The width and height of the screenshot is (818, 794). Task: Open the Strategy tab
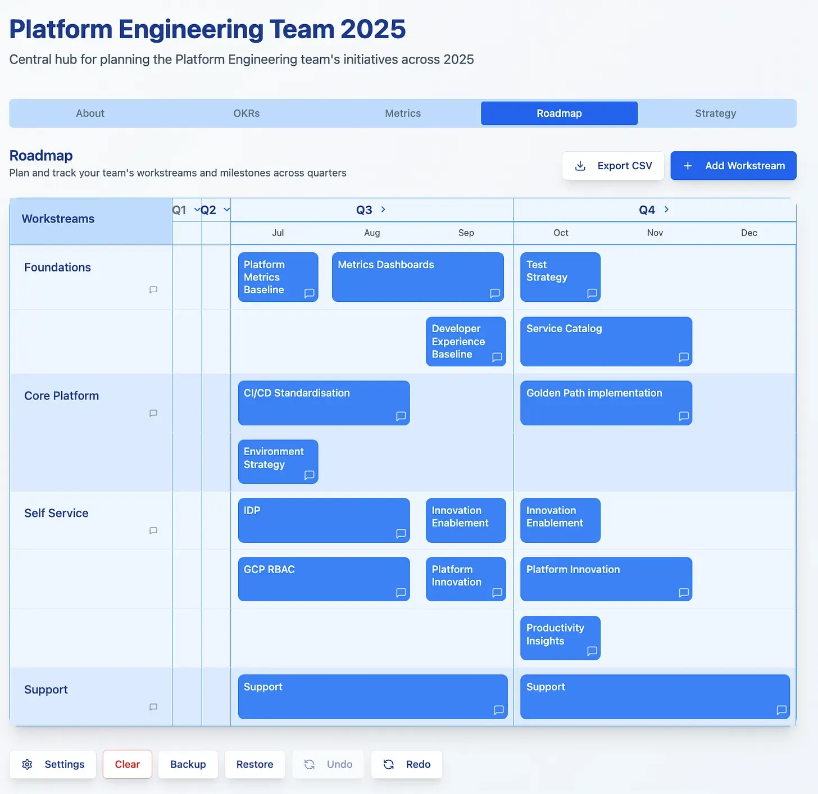[x=715, y=113]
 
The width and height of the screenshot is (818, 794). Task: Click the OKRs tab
[x=246, y=113]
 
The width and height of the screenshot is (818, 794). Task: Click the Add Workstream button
[x=733, y=166]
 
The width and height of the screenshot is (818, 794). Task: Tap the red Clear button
[x=128, y=764]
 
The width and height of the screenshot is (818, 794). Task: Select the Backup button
[x=188, y=764]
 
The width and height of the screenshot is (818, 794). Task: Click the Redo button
[x=407, y=764]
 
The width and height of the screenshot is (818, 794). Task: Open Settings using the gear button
[x=53, y=764]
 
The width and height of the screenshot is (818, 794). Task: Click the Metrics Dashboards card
[x=418, y=277]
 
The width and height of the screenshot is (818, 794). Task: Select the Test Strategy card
[x=560, y=277]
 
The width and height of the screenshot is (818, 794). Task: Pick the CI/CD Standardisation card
[x=324, y=403]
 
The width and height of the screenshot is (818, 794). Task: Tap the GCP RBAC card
[x=324, y=579]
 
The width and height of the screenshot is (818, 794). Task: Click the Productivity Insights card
[x=560, y=638]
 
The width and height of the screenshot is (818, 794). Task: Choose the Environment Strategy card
[x=278, y=461]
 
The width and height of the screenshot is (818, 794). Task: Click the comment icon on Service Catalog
[x=684, y=357]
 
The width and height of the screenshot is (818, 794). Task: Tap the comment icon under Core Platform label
[x=153, y=413]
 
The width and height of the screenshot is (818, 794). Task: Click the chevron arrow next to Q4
[x=666, y=210]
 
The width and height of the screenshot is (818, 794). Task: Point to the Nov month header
[x=655, y=233]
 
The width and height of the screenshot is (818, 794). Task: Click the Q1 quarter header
[x=179, y=210]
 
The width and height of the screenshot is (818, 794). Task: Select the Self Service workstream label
[x=56, y=513]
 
